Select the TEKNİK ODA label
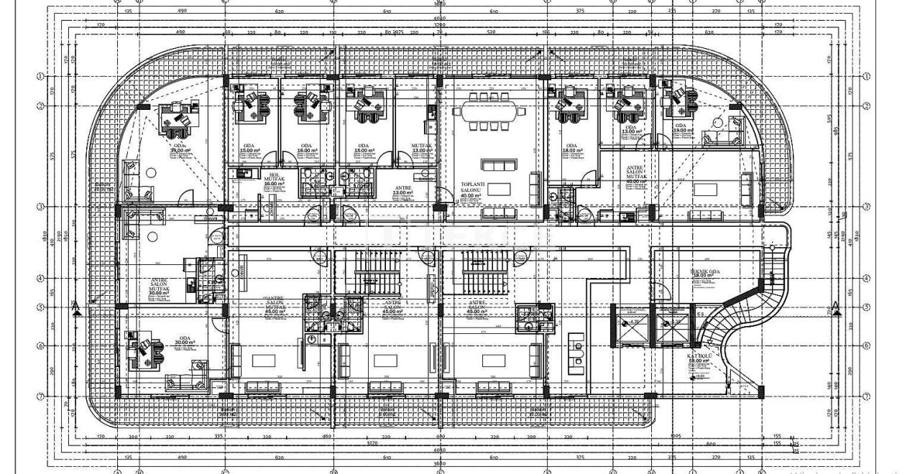[x=705, y=271]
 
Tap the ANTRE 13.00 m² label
[x=402, y=190]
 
